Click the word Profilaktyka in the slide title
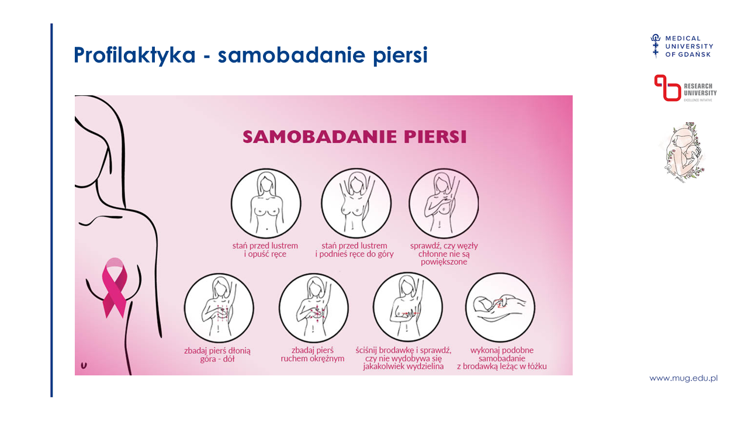(134, 55)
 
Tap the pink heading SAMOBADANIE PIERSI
(354, 137)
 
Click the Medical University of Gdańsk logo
(681, 46)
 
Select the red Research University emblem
(667, 88)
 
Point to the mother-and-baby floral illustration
(683, 153)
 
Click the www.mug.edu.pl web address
(683, 378)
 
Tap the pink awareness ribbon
(115, 287)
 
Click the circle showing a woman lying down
(500, 308)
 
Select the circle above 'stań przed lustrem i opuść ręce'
(266, 203)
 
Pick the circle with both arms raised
(356, 203)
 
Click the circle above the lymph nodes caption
(444, 203)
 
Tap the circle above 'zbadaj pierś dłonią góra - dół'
(219, 308)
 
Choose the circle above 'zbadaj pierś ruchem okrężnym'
(314, 308)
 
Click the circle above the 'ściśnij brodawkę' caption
(408, 308)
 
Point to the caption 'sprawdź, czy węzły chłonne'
(444, 250)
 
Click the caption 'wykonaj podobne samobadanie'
(502, 354)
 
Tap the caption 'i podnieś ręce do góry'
(354, 254)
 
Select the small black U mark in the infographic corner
(84, 365)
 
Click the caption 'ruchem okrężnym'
(313, 359)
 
